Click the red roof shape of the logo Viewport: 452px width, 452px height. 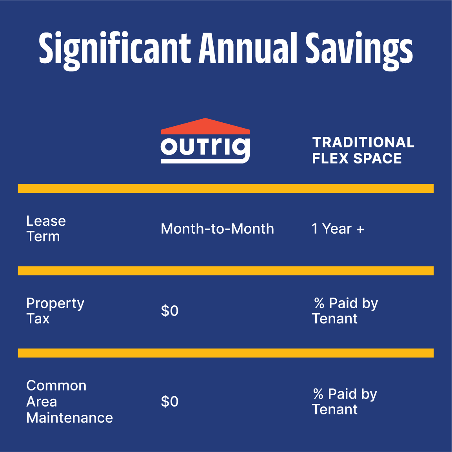[205, 127]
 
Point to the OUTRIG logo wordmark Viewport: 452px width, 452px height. [205, 149]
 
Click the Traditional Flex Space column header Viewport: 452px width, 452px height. [363, 150]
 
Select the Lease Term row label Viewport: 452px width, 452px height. [46, 229]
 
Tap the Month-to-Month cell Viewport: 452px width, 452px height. [217, 229]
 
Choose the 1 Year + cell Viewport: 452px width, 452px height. [338, 229]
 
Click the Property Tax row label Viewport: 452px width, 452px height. [55, 311]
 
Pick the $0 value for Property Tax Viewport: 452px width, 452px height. [170, 311]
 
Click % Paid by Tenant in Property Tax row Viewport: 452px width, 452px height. [345, 311]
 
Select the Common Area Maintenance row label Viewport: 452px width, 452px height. [69, 401]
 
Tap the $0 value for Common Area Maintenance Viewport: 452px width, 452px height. [170, 401]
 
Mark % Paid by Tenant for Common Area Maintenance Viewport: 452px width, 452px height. [345, 401]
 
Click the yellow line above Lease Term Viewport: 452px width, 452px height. [226, 189]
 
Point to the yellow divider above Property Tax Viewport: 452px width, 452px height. [226, 271]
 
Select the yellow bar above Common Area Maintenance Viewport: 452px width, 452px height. [226, 353]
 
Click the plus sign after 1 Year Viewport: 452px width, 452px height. [360, 229]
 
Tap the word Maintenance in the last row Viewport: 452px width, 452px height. [69, 418]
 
